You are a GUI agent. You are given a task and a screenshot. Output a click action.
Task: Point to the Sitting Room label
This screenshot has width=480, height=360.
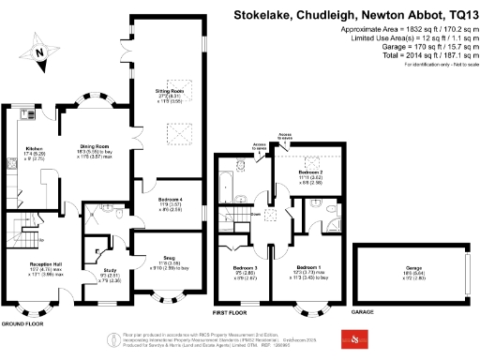point(169,92)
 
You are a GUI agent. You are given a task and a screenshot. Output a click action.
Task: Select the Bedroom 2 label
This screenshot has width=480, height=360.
point(310,172)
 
